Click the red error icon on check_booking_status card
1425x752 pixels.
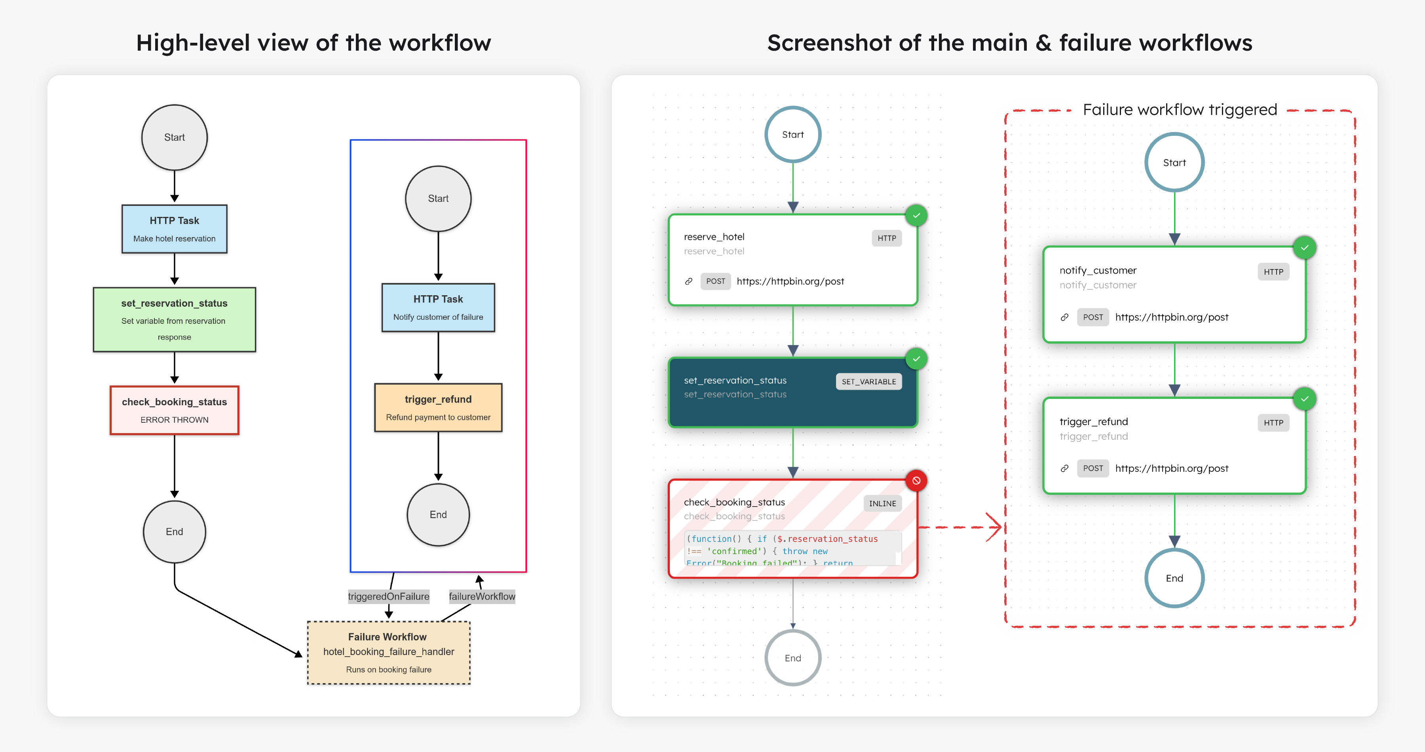(916, 480)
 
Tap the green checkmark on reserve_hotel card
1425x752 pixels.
(916, 216)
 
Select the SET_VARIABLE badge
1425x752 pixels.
(868, 382)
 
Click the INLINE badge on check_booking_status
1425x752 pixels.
(882, 503)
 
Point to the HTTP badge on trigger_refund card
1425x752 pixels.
(1273, 422)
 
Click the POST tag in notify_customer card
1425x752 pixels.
(1092, 317)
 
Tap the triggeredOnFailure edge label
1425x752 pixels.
(388, 596)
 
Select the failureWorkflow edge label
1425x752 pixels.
(482, 596)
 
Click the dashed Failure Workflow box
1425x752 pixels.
(388, 653)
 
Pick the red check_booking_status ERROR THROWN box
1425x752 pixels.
(174, 410)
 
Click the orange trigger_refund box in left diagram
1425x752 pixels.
(438, 408)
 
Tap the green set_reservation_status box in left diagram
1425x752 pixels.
(174, 320)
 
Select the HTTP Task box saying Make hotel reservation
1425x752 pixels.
(174, 229)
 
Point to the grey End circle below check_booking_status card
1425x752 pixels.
(793, 658)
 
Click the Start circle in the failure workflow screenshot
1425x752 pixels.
(1174, 163)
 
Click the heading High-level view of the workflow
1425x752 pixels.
(313, 43)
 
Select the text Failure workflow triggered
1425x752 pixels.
(1180, 110)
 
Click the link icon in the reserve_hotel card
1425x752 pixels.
(689, 281)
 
